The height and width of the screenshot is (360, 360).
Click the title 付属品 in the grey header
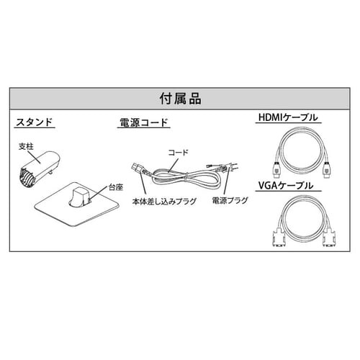(180, 99)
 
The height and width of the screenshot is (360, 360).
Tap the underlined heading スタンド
(34, 122)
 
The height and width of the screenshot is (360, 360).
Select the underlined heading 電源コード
(144, 122)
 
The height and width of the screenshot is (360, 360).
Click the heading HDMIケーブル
(288, 117)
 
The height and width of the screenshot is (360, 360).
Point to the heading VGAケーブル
(286, 186)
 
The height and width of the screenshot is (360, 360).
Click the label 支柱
(26, 146)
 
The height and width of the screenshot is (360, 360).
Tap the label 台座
(116, 187)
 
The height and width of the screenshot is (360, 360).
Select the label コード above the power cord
(178, 153)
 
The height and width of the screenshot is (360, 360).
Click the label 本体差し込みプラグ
(164, 202)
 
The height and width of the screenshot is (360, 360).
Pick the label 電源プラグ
(230, 200)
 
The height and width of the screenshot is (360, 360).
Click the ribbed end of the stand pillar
(27, 177)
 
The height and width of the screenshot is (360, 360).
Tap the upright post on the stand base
(80, 196)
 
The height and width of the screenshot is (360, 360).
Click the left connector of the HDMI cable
(276, 169)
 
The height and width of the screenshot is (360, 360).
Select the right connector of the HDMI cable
(328, 169)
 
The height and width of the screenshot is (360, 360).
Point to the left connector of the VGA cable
(279, 237)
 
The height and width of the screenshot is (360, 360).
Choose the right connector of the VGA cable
(329, 237)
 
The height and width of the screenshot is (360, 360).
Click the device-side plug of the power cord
(138, 168)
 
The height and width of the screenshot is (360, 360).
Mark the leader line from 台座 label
(99, 192)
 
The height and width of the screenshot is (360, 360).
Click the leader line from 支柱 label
(36, 156)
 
